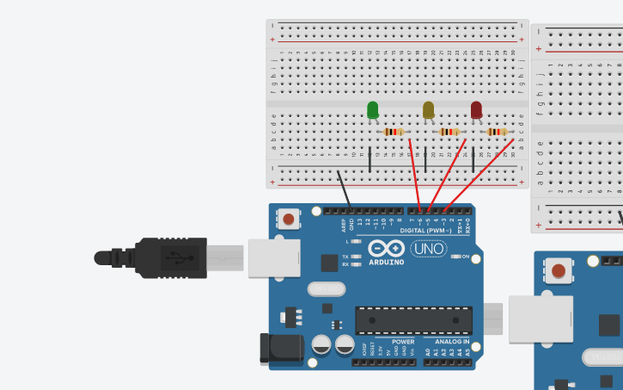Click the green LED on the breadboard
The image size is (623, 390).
point(372,110)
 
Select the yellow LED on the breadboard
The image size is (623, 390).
point(428,110)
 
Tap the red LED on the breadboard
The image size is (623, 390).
point(476,110)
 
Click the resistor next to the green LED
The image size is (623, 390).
point(393,132)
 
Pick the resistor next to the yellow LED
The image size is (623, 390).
point(449,132)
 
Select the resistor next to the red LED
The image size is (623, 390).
point(496,132)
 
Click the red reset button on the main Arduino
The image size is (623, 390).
point(288,220)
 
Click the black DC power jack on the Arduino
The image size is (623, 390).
point(283,348)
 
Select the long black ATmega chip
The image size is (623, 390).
point(413,320)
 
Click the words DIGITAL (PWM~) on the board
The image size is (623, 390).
point(424,232)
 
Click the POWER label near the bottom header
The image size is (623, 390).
point(402,342)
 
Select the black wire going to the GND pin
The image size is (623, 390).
point(343,189)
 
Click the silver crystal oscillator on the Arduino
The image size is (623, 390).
point(325,288)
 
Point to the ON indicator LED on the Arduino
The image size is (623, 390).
point(456,257)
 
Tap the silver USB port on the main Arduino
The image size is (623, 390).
point(273,258)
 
